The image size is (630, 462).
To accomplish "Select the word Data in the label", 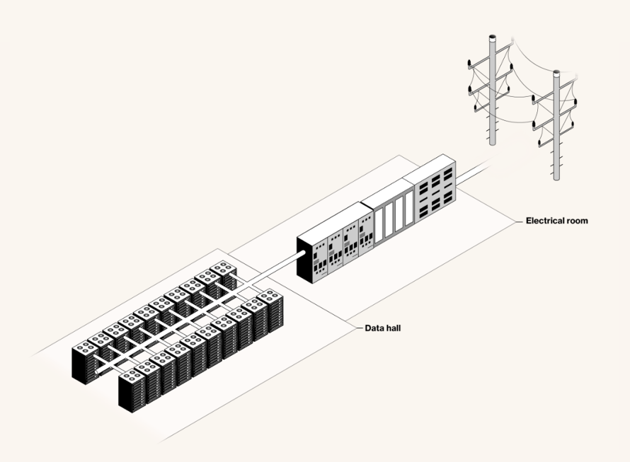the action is [374, 328].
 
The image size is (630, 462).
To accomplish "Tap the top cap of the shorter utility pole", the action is [556, 74].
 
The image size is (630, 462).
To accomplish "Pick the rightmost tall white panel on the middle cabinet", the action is [409, 209].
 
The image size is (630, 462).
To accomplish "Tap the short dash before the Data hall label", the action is [359, 328].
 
